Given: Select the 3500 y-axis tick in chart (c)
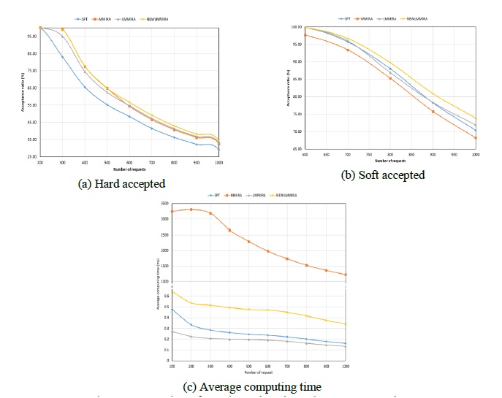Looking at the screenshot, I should click(164, 203).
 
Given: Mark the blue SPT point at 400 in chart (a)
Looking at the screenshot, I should click(85, 88).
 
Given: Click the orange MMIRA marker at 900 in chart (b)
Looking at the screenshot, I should click(433, 112).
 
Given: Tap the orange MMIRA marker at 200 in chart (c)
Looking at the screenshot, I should click(191, 210).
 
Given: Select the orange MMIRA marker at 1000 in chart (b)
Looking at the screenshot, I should click(475, 138).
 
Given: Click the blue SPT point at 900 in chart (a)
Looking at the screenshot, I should click(197, 144).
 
